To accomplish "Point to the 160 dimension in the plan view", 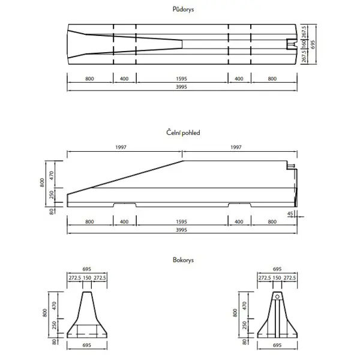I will [304, 43].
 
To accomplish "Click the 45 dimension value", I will [290, 213].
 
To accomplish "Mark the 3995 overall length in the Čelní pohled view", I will [182, 230].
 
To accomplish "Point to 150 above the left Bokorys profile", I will [88, 278].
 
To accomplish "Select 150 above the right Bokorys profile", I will [277, 278].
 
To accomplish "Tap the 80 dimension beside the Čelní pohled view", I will [52, 211].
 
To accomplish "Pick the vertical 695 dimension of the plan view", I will [313, 43].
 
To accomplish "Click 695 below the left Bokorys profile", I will [88, 347].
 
